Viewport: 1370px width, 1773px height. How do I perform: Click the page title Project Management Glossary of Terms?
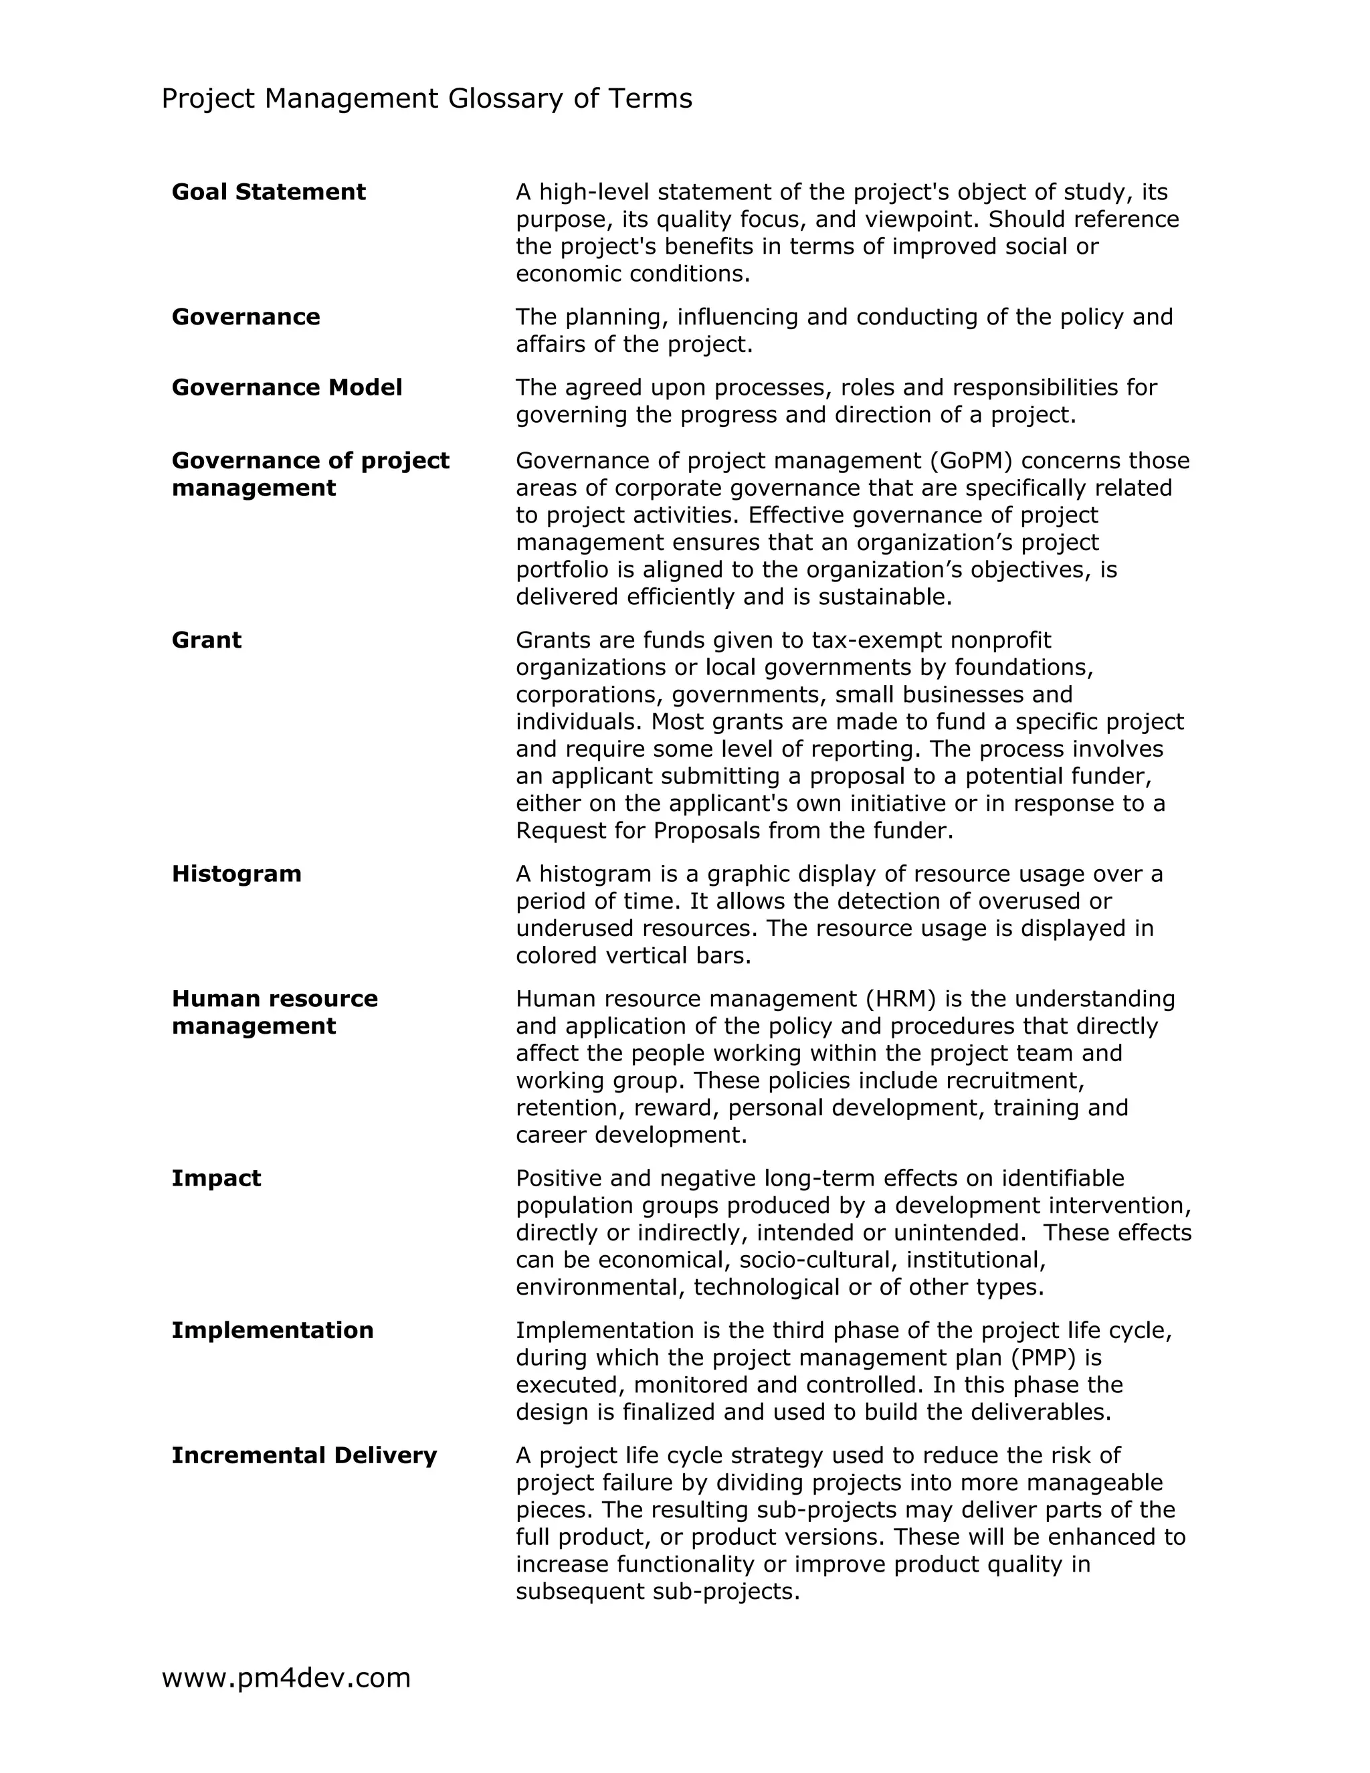click(426, 98)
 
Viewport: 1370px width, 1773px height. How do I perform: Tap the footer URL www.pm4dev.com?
click(286, 1677)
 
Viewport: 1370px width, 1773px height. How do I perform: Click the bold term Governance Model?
click(286, 387)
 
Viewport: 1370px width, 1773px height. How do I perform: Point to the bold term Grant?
click(206, 640)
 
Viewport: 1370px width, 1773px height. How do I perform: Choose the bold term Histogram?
click(236, 874)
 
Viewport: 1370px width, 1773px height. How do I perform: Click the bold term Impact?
click(216, 1178)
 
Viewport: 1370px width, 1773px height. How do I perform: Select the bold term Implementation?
click(272, 1330)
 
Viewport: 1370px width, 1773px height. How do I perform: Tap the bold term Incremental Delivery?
click(304, 1455)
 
